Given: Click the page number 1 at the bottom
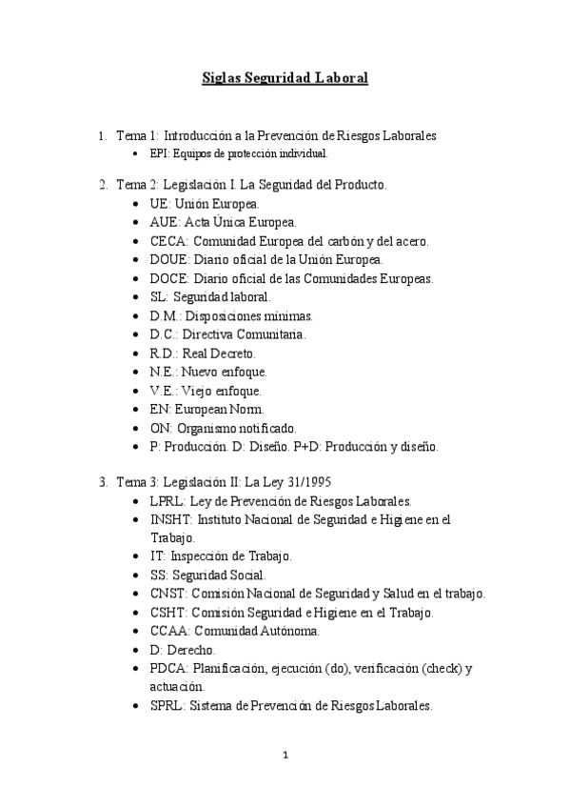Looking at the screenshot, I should pyautogui.click(x=285, y=757).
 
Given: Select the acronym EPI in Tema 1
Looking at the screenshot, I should pyautogui.click(x=158, y=153).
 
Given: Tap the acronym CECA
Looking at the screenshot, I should pyautogui.click(x=167, y=240).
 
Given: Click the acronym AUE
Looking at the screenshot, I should pyautogui.click(x=164, y=222).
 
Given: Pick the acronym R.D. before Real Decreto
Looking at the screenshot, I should pyautogui.click(x=163, y=353).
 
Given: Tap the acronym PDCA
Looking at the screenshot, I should pyautogui.click(x=169, y=668).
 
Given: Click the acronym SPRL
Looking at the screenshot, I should pyautogui.click(x=167, y=706).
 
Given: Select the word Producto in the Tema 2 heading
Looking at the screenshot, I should pyautogui.click(x=359, y=184).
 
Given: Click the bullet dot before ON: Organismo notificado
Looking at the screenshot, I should pyautogui.click(x=139, y=428).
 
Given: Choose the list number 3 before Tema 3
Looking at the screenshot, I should pyautogui.click(x=102, y=481).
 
